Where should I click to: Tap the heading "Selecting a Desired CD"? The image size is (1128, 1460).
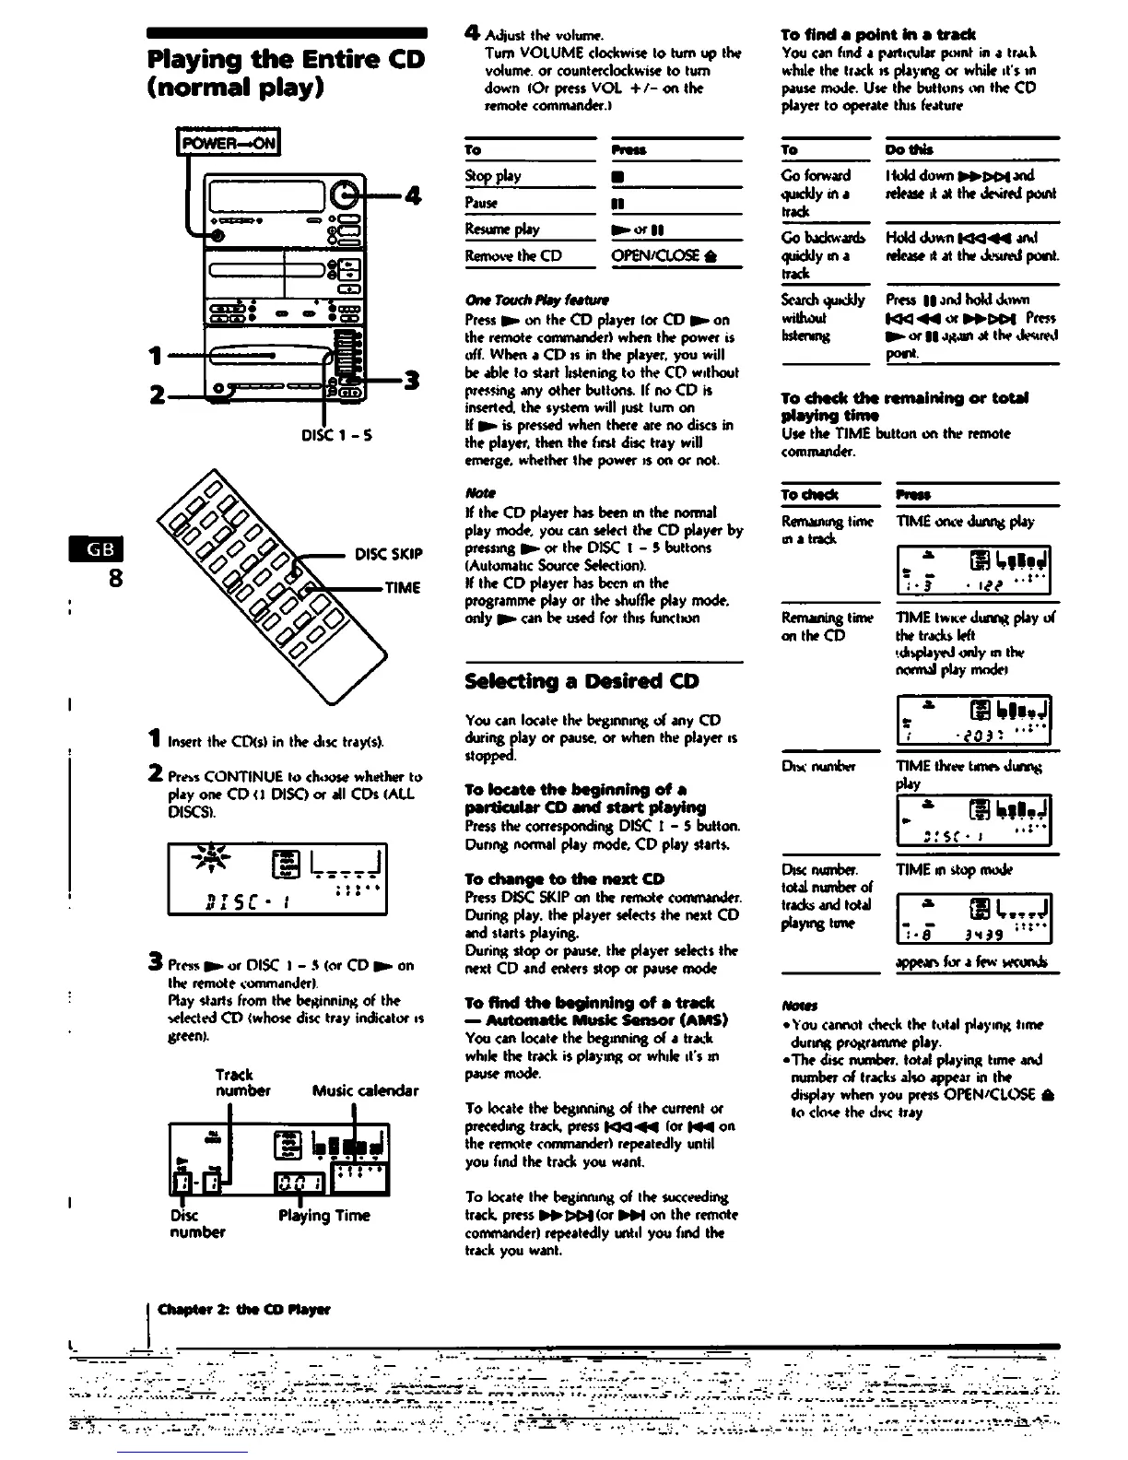tap(582, 681)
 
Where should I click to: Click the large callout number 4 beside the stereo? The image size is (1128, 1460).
tap(412, 195)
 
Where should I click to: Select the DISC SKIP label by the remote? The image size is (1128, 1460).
tap(388, 554)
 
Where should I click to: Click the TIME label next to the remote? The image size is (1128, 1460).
tap(403, 587)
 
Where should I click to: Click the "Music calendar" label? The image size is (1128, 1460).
tap(365, 1090)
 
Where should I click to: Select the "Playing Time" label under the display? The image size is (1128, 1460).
tap(323, 1215)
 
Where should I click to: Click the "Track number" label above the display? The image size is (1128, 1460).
tap(241, 1082)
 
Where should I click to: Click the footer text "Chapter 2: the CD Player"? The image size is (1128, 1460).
tap(243, 1309)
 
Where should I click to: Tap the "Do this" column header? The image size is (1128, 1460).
tap(909, 149)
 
